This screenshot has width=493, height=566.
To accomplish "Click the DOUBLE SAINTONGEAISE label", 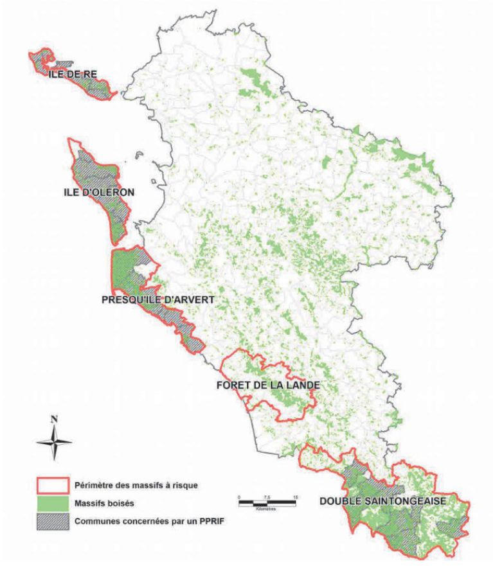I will [x=384, y=500].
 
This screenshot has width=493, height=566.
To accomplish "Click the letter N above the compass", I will [x=54, y=419].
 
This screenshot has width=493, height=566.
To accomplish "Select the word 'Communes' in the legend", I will [x=95, y=522].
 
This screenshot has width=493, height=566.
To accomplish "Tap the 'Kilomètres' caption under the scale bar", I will [x=265, y=509].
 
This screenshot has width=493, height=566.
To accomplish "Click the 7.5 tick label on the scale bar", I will [x=266, y=497].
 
